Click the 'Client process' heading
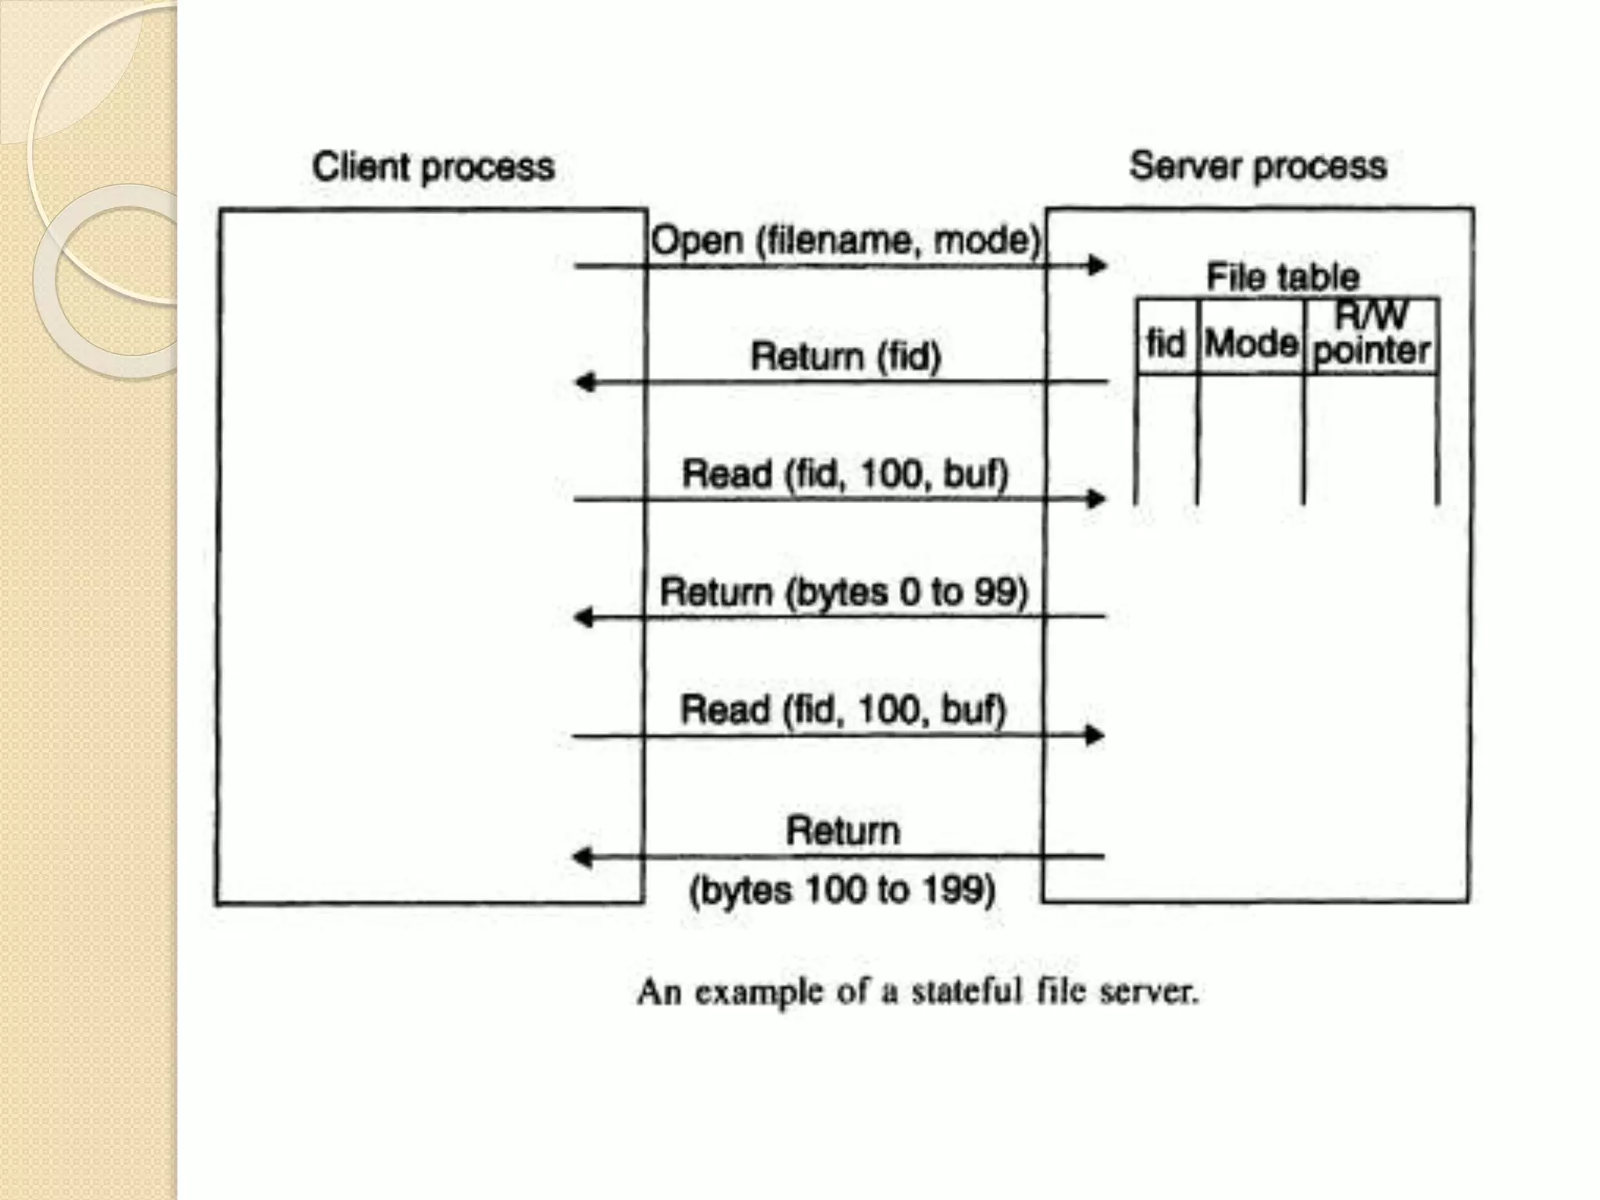(x=433, y=167)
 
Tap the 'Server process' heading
(x=1258, y=166)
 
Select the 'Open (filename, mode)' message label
(x=845, y=240)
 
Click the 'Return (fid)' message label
(x=845, y=356)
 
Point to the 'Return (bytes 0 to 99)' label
(x=844, y=591)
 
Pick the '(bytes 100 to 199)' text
(x=842, y=890)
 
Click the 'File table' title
(x=1282, y=277)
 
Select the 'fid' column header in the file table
(x=1166, y=343)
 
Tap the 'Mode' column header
(x=1251, y=343)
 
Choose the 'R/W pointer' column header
(x=1372, y=334)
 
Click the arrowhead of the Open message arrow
(x=1098, y=266)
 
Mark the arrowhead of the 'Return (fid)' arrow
(x=584, y=382)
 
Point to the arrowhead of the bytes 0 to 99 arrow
(x=584, y=617)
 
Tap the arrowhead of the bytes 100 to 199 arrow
(x=583, y=857)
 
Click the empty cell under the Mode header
(x=1250, y=437)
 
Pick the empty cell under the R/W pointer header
(x=1370, y=437)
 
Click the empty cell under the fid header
(x=1166, y=437)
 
